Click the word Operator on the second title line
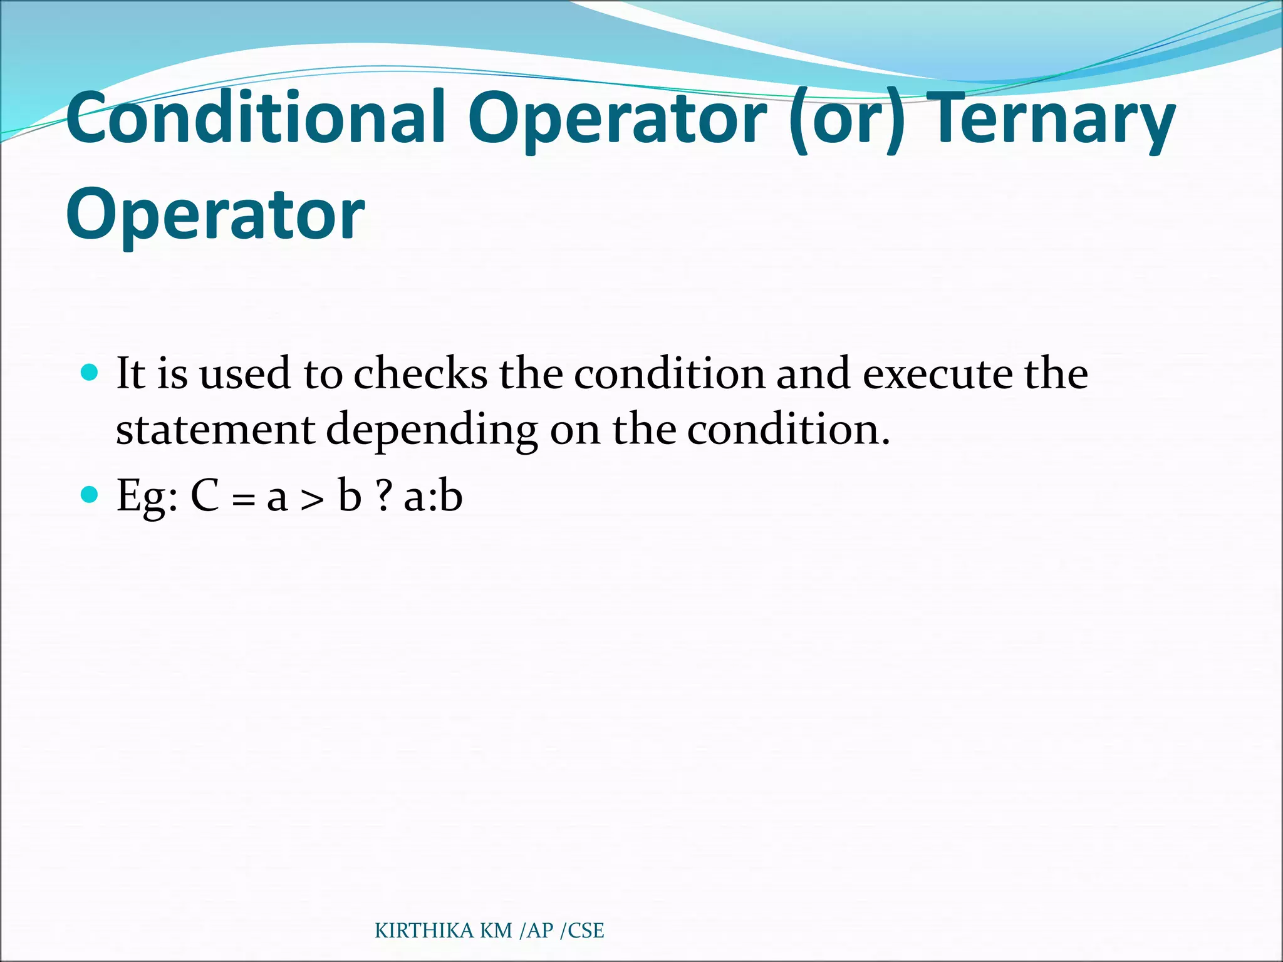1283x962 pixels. [x=216, y=214]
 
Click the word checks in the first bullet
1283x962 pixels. [x=420, y=374]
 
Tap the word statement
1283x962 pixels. [x=215, y=430]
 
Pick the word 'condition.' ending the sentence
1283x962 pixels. [x=788, y=430]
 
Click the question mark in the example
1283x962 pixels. [x=383, y=496]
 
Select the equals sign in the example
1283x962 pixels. [x=243, y=500]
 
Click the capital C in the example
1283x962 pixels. [x=205, y=496]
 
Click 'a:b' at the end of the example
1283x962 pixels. [x=433, y=496]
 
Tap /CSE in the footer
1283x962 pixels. [x=582, y=931]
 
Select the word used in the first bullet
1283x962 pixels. [x=245, y=374]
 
